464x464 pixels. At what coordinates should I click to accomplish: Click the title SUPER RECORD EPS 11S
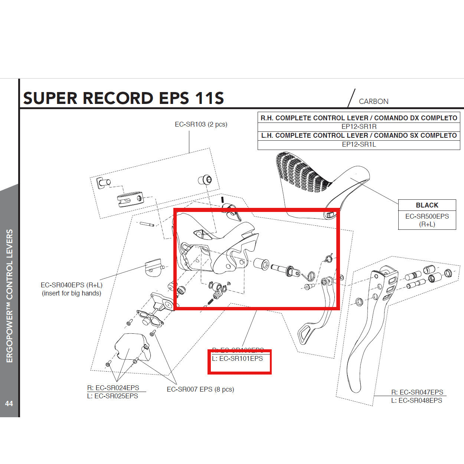click(123, 98)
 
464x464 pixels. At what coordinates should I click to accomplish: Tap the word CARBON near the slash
click(373, 101)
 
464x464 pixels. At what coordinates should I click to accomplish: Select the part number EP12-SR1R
click(359, 127)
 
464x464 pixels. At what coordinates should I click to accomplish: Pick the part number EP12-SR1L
click(359, 144)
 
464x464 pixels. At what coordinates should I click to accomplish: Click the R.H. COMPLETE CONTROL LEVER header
click(359, 118)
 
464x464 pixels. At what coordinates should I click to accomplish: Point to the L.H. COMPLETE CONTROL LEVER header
click(359, 135)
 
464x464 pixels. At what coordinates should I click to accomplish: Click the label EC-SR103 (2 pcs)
click(201, 124)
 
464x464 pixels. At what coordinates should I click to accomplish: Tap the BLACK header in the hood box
click(427, 205)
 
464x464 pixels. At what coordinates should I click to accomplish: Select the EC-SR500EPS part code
click(427, 216)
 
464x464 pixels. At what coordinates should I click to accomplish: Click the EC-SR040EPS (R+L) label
click(71, 285)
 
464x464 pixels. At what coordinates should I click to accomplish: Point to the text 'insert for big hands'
click(71, 293)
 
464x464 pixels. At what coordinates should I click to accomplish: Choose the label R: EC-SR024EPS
click(113, 388)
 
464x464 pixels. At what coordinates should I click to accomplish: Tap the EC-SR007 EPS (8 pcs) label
click(200, 389)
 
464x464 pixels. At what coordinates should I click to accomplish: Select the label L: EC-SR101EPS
click(238, 359)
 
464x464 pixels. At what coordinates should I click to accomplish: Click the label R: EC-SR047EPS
click(417, 392)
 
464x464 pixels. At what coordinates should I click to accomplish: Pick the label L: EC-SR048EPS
click(416, 401)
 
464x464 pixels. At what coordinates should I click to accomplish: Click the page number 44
click(9, 403)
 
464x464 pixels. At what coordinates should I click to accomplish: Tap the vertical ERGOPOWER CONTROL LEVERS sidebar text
click(10, 296)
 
